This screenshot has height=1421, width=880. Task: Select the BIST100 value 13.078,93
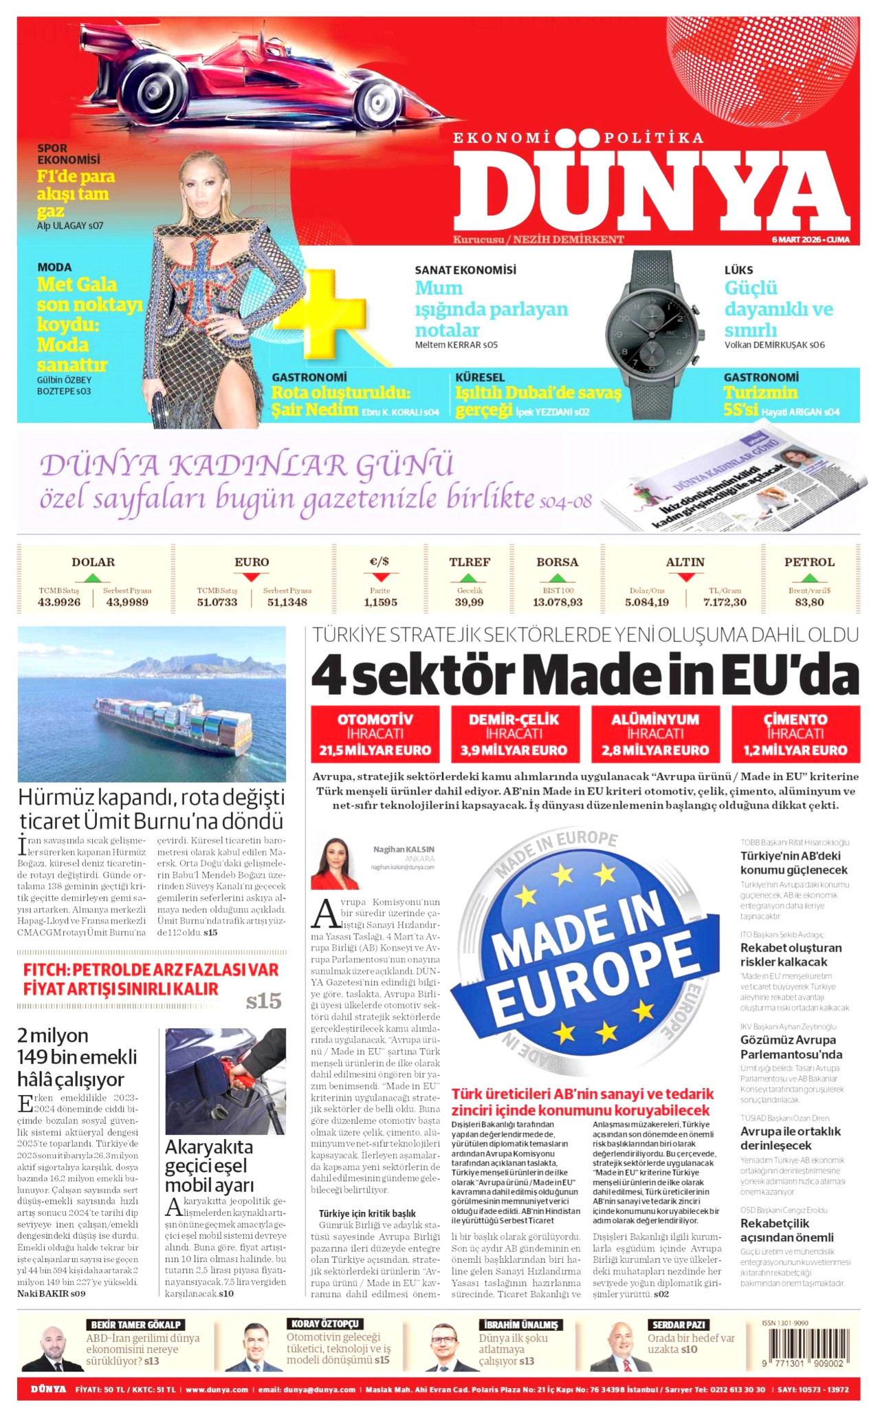coord(558,603)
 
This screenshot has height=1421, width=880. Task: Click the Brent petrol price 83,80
coord(809,603)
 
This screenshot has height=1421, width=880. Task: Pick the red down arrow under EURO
coord(251,577)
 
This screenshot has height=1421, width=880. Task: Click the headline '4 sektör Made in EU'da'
coord(584,674)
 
